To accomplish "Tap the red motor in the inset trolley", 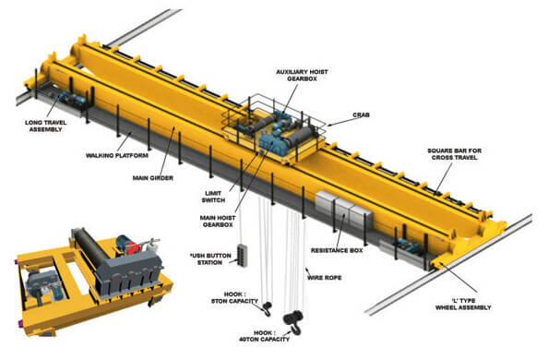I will click(x=130, y=247).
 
